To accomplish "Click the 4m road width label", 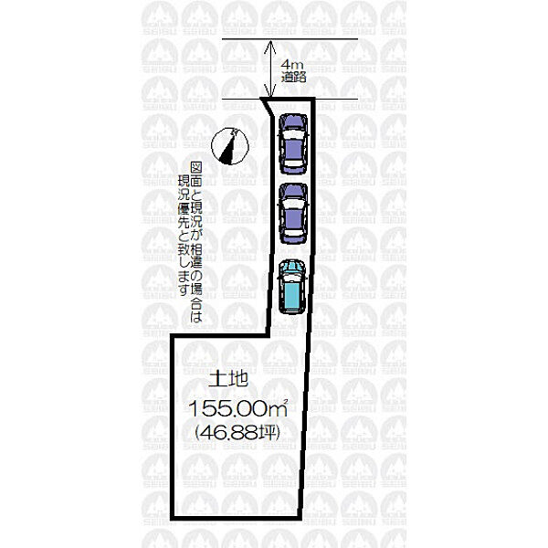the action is [289, 65].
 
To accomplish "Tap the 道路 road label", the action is [293, 77].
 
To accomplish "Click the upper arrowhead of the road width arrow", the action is [269, 46].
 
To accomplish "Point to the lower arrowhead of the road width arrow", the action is [269, 91].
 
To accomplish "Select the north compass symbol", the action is [230, 146].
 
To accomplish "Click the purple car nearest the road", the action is [293, 143].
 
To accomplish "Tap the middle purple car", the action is [293, 213].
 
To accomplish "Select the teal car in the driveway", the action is [291, 287].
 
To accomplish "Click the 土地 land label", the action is [228, 379].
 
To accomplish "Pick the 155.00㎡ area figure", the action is [238, 408].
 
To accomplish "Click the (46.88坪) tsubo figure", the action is [237, 433].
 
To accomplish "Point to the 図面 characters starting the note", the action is [196, 174].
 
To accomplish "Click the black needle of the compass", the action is [228, 149].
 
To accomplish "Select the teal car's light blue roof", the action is [291, 297].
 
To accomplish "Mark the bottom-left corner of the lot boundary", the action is [173, 518].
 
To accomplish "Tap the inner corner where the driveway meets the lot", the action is [269, 335].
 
